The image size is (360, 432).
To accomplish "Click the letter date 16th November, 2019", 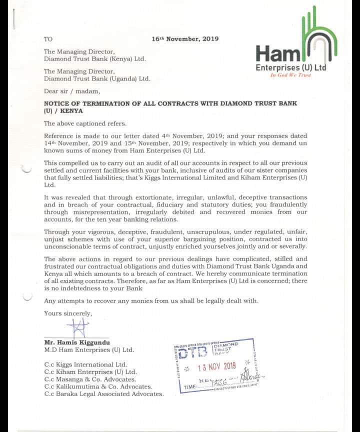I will (x=185, y=39).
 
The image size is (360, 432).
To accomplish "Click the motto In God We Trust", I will (x=290, y=75).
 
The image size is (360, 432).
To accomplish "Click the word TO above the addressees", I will (x=48, y=39).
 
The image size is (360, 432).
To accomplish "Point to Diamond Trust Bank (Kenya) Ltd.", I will (x=94, y=58).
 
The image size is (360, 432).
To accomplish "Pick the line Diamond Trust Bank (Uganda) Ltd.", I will (x=97, y=78).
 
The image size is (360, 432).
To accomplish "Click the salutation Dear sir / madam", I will (x=72, y=91).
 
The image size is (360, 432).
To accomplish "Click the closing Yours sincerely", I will (x=68, y=313).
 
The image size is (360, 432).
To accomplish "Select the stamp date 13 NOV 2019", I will (x=216, y=366).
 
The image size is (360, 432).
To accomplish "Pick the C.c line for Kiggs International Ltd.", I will (x=85, y=364).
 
